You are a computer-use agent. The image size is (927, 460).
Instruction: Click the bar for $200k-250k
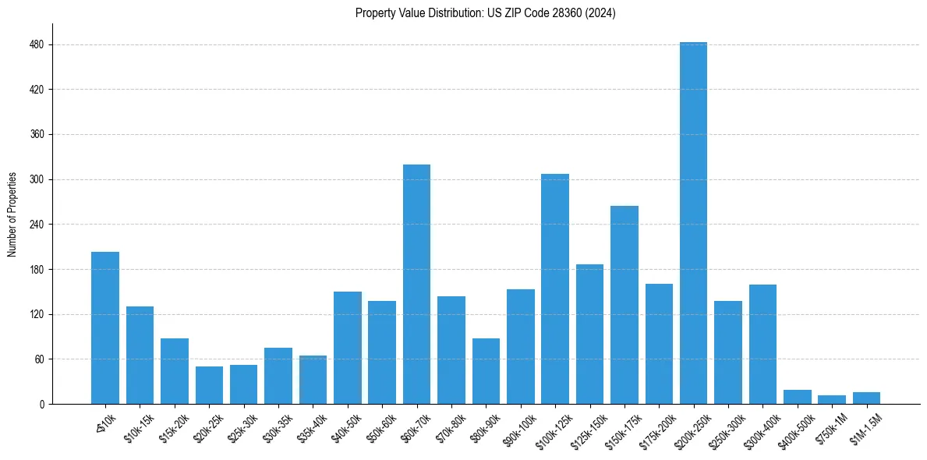click(693, 223)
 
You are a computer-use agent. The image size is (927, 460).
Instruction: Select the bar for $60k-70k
click(416, 284)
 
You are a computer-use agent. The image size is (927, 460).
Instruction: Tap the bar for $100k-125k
click(555, 288)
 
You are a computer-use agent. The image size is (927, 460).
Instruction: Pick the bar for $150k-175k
click(624, 305)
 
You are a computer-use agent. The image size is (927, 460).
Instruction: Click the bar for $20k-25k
click(209, 385)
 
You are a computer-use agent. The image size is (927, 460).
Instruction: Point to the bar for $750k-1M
click(831, 399)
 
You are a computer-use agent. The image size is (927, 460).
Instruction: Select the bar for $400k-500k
click(797, 397)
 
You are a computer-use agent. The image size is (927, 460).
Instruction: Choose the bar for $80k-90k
click(486, 371)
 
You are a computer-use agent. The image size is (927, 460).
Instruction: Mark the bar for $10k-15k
click(140, 355)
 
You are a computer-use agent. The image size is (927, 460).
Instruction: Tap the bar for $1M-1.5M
click(866, 398)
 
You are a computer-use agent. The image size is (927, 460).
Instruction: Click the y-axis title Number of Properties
click(12, 214)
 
